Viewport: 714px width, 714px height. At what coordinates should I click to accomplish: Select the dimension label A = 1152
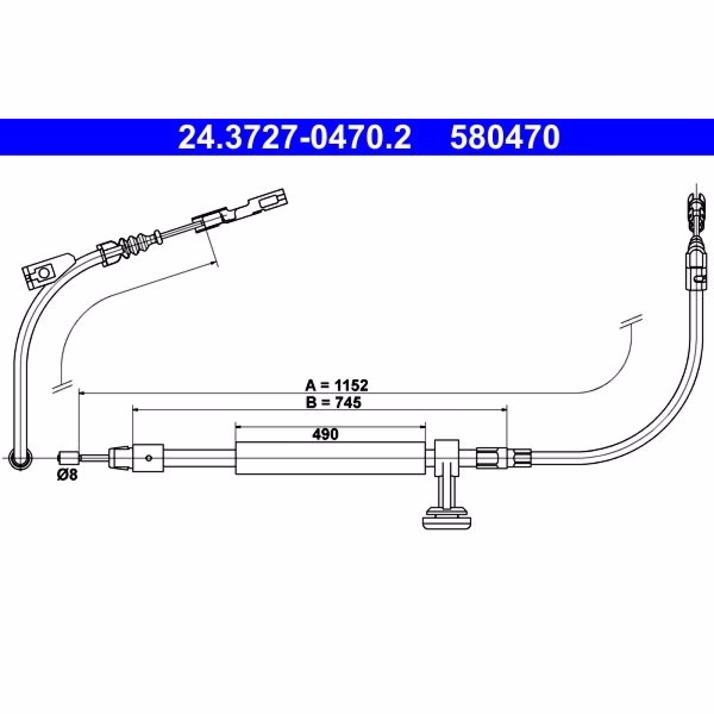336,385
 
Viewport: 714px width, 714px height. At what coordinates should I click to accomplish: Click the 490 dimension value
325,434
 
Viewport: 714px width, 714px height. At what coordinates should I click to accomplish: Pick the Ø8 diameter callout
67,475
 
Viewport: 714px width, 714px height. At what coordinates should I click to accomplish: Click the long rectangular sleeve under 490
331,458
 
